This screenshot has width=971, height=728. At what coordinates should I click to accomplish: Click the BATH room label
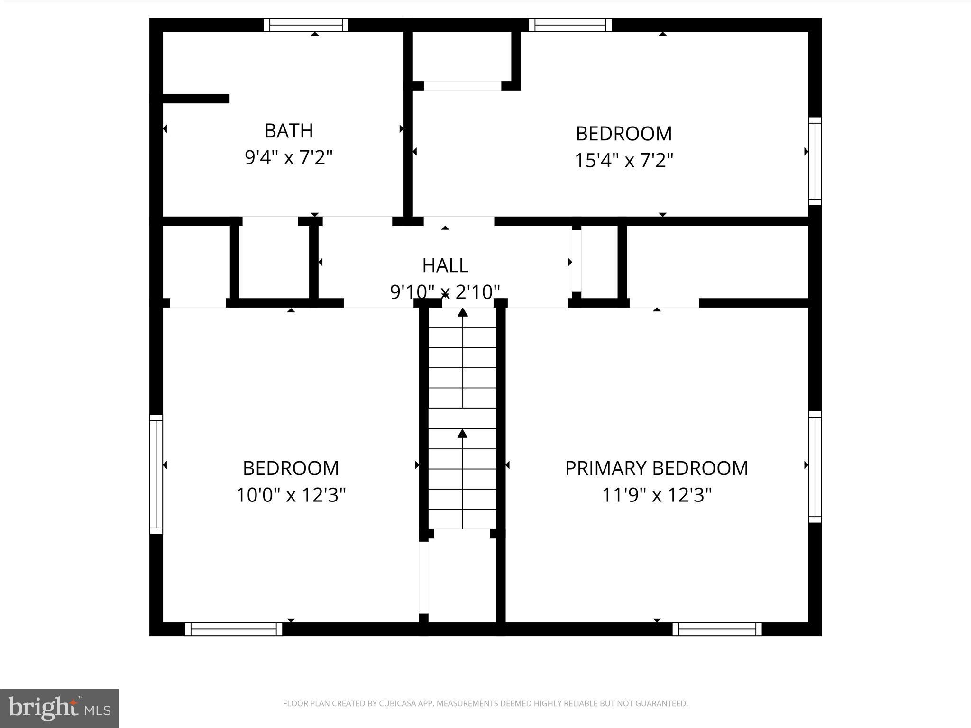288,131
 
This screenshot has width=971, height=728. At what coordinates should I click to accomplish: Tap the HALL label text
445,265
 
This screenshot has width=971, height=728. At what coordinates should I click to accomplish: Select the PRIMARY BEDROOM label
656,468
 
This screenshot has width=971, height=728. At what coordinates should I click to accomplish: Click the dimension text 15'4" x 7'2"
623,161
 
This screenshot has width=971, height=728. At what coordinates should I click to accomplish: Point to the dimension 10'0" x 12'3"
291,495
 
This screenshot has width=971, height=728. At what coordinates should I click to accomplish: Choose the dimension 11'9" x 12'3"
657,495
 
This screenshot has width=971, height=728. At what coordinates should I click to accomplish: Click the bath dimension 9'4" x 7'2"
288,157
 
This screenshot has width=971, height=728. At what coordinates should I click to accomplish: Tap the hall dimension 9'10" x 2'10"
445,292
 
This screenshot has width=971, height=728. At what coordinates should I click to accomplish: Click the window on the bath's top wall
306,25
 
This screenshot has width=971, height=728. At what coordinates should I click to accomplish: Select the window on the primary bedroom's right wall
815,467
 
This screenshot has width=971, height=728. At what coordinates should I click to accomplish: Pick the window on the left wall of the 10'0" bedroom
156,474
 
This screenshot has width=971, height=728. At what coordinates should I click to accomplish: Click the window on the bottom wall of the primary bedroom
717,629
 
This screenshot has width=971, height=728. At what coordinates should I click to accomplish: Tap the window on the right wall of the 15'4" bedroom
815,161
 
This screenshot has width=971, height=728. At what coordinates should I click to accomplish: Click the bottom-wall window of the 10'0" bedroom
233,629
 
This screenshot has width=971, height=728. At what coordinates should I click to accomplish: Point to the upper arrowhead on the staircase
462,312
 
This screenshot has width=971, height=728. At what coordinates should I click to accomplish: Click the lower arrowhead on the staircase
462,433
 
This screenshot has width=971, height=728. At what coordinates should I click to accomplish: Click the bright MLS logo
59,709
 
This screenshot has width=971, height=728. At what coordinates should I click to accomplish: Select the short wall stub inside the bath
196,99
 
